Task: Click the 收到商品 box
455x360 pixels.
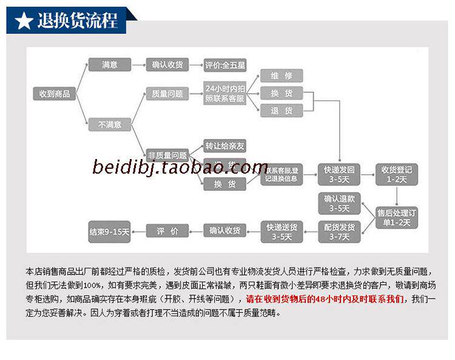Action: click(55, 94)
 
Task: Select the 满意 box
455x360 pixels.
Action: click(110, 64)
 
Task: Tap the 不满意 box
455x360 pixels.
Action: click(110, 124)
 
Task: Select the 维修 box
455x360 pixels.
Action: click(281, 76)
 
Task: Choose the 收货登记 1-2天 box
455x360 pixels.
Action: click(396, 174)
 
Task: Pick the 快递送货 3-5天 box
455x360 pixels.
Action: click(281, 231)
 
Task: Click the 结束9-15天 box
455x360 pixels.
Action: click(109, 231)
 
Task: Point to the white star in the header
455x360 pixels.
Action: click(24, 21)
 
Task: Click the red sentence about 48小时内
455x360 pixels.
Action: click(325, 299)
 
